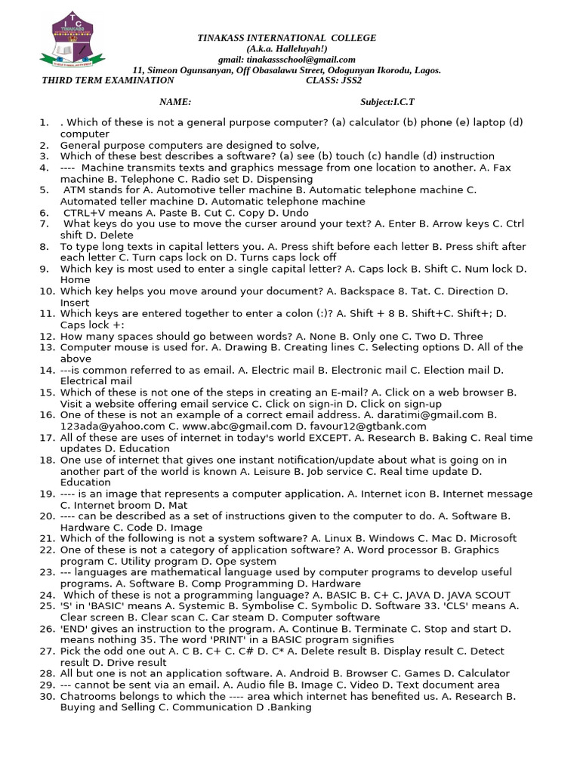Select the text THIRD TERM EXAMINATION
coord(108,81)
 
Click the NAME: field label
coord(174,102)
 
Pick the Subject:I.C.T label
coord(387,102)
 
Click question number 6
coord(45,213)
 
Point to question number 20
coord(47,516)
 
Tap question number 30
coord(47,696)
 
